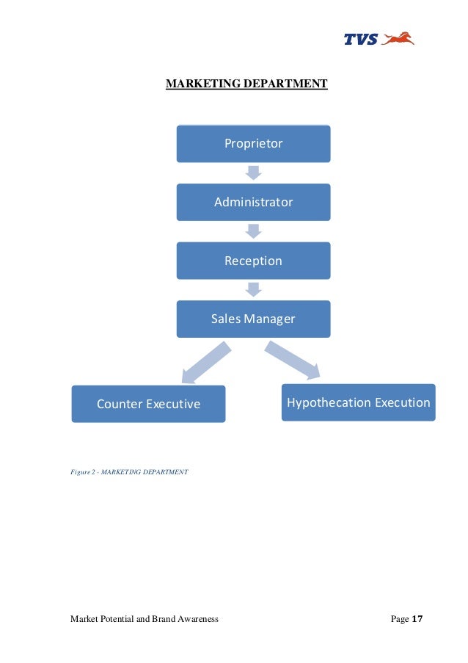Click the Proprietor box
click(253, 143)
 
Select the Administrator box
click(253, 202)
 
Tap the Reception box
click(253, 261)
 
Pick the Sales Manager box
click(253, 319)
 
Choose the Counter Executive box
click(148, 404)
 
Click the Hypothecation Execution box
click(358, 402)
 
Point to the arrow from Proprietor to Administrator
click(253, 173)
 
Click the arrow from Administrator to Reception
click(253, 231)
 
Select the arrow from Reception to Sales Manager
click(253, 289)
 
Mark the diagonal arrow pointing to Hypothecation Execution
click(292, 361)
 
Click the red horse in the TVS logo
click(398, 38)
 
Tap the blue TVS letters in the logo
click(361, 40)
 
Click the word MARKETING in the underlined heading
click(197, 84)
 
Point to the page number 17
click(418, 619)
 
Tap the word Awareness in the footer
click(197, 619)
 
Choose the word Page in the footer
click(400, 619)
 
